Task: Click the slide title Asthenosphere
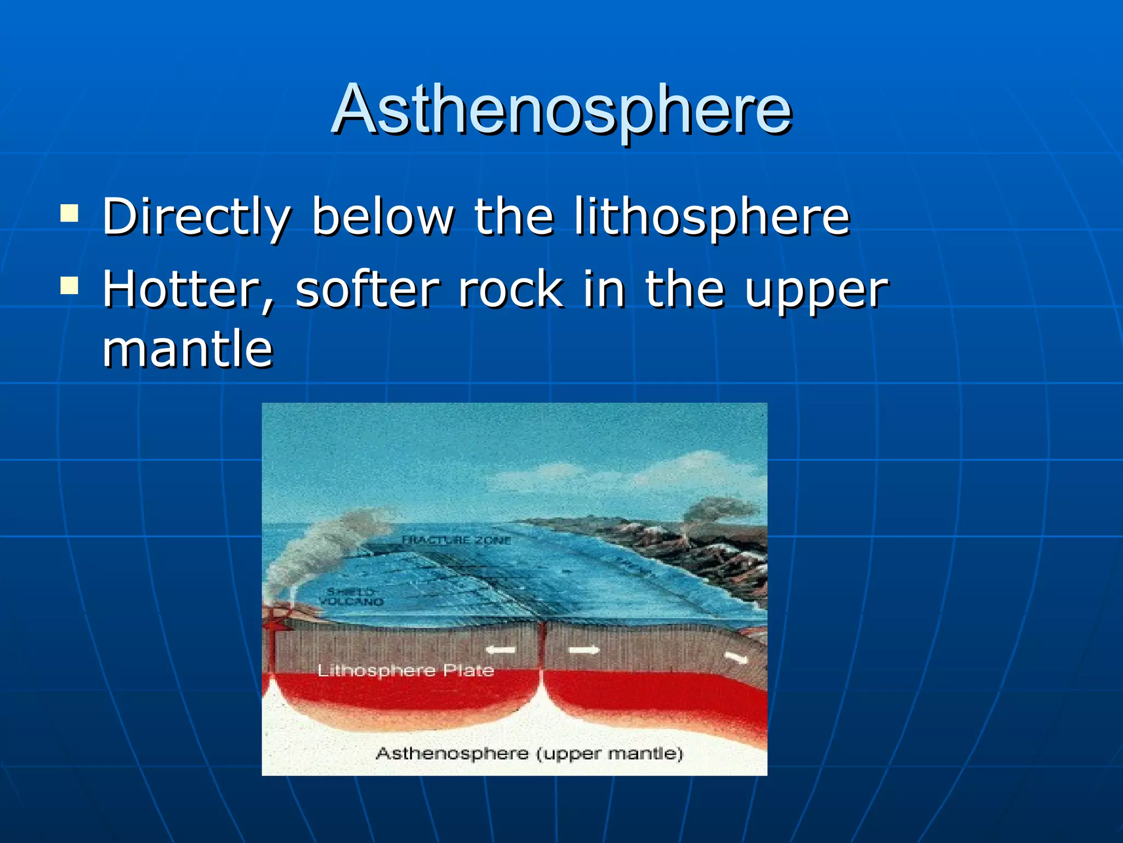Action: [x=561, y=110]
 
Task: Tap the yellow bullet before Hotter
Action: [x=69, y=285]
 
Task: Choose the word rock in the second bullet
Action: [x=511, y=290]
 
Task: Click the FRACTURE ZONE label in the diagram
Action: [x=456, y=540]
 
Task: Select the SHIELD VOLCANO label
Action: [x=351, y=597]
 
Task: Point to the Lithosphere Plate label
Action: [x=406, y=670]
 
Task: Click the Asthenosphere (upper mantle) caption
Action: [x=529, y=753]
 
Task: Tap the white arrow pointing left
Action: [x=501, y=650]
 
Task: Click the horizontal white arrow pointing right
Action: [x=583, y=650]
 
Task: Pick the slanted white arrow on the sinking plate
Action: [x=736, y=657]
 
